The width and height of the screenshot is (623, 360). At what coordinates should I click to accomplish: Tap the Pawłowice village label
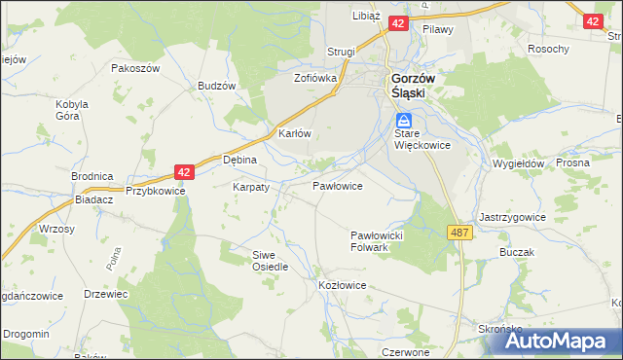point(338,185)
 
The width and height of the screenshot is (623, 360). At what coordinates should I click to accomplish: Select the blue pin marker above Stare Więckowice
point(403,121)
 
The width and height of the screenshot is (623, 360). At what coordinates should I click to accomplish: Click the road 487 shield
point(460,233)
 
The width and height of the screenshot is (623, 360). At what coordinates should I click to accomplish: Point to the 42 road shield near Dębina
point(185,171)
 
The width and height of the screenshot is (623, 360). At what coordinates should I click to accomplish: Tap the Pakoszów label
point(134,69)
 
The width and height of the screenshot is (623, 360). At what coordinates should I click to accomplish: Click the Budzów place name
point(217,86)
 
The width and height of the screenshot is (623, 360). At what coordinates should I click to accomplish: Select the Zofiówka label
point(315,77)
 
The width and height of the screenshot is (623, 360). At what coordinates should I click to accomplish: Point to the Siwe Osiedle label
point(270,260)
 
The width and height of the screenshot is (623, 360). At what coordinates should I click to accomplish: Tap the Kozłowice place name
point(342,285)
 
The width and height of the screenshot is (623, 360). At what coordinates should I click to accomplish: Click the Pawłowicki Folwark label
point(383,241)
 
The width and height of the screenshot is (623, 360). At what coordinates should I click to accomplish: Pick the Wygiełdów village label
point(518,164)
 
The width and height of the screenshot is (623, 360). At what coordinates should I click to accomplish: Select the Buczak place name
point(517,252)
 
